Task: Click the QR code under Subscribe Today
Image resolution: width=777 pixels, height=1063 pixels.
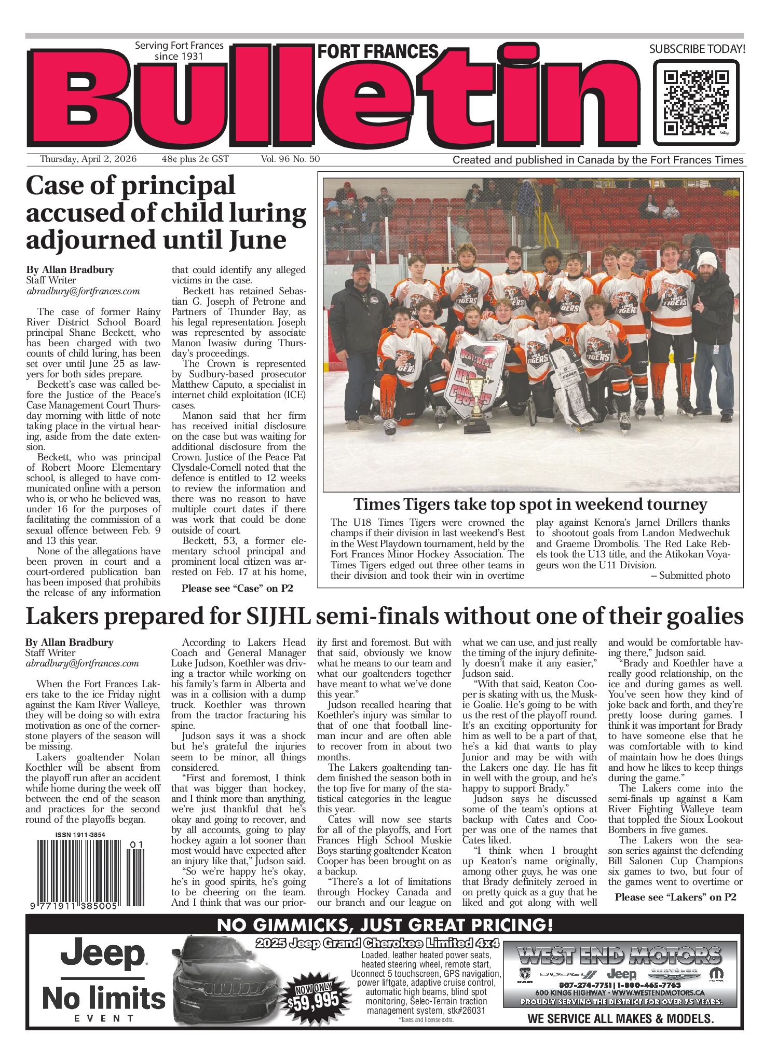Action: click(696, 102)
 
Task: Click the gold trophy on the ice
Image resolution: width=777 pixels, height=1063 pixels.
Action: click(476, 404)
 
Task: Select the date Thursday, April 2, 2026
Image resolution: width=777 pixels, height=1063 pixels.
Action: click(88, 159)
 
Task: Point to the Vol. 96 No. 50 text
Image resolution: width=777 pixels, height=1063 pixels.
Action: click(290, 159)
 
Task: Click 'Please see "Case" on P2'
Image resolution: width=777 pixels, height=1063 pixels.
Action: click(237, 588)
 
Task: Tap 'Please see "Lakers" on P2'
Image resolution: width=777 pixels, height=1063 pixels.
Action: click(675, 897)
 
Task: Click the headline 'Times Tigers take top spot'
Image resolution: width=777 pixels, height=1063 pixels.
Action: click(530, 505)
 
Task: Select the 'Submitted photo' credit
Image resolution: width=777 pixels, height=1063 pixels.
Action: click(694, 576)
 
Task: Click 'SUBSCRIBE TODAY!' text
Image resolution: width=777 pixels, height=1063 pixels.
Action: click(697, 49)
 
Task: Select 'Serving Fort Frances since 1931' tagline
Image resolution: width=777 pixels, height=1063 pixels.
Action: click(179, 51)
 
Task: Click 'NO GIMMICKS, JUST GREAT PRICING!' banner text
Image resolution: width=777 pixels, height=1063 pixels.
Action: click(385, 924)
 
